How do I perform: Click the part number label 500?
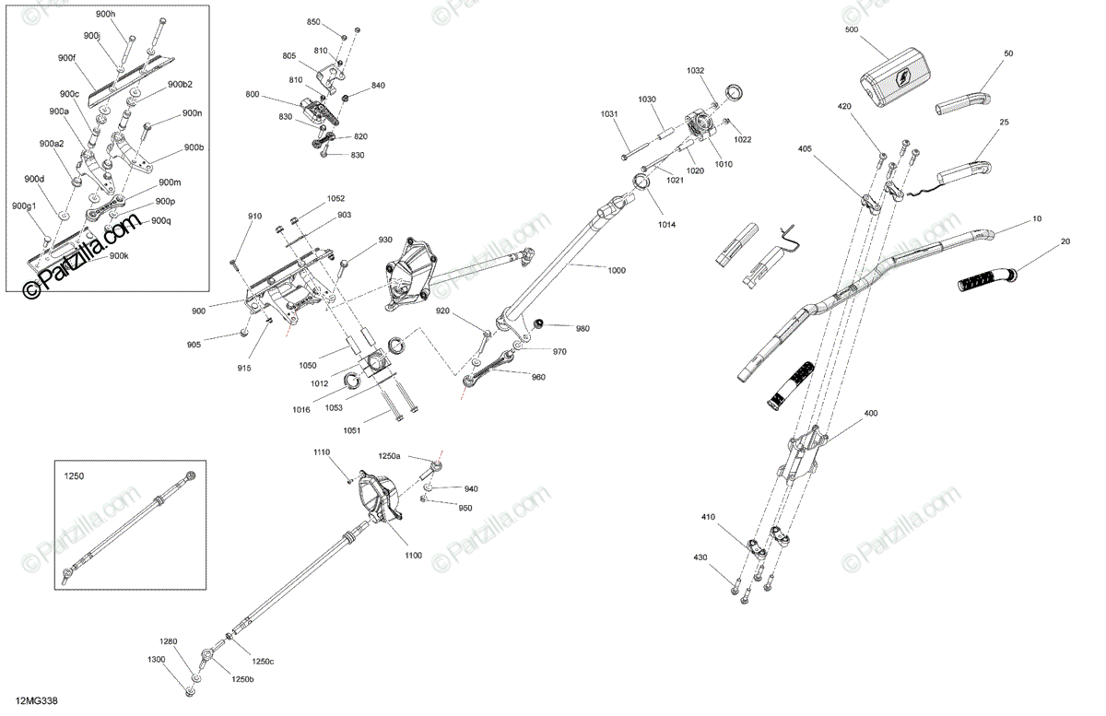point(852,29)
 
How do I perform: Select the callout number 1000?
point(617,270)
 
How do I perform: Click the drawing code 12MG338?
point(37,700)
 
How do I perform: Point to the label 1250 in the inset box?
point(74,476)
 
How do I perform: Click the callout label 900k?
point(119,256)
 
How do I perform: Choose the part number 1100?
point(413,556)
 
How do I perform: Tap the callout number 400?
point(870,413)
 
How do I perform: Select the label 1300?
point(156,659)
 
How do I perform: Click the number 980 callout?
point(582,328)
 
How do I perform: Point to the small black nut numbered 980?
point(538,324)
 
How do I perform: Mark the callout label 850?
point(313,22)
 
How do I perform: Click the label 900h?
point(105,14)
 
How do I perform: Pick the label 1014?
point(666,225)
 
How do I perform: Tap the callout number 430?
point(700,557)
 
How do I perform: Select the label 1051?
point(351,430)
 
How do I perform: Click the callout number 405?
point(805,148)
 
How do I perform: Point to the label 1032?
point(695,71)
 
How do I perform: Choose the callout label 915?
point(244,368)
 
